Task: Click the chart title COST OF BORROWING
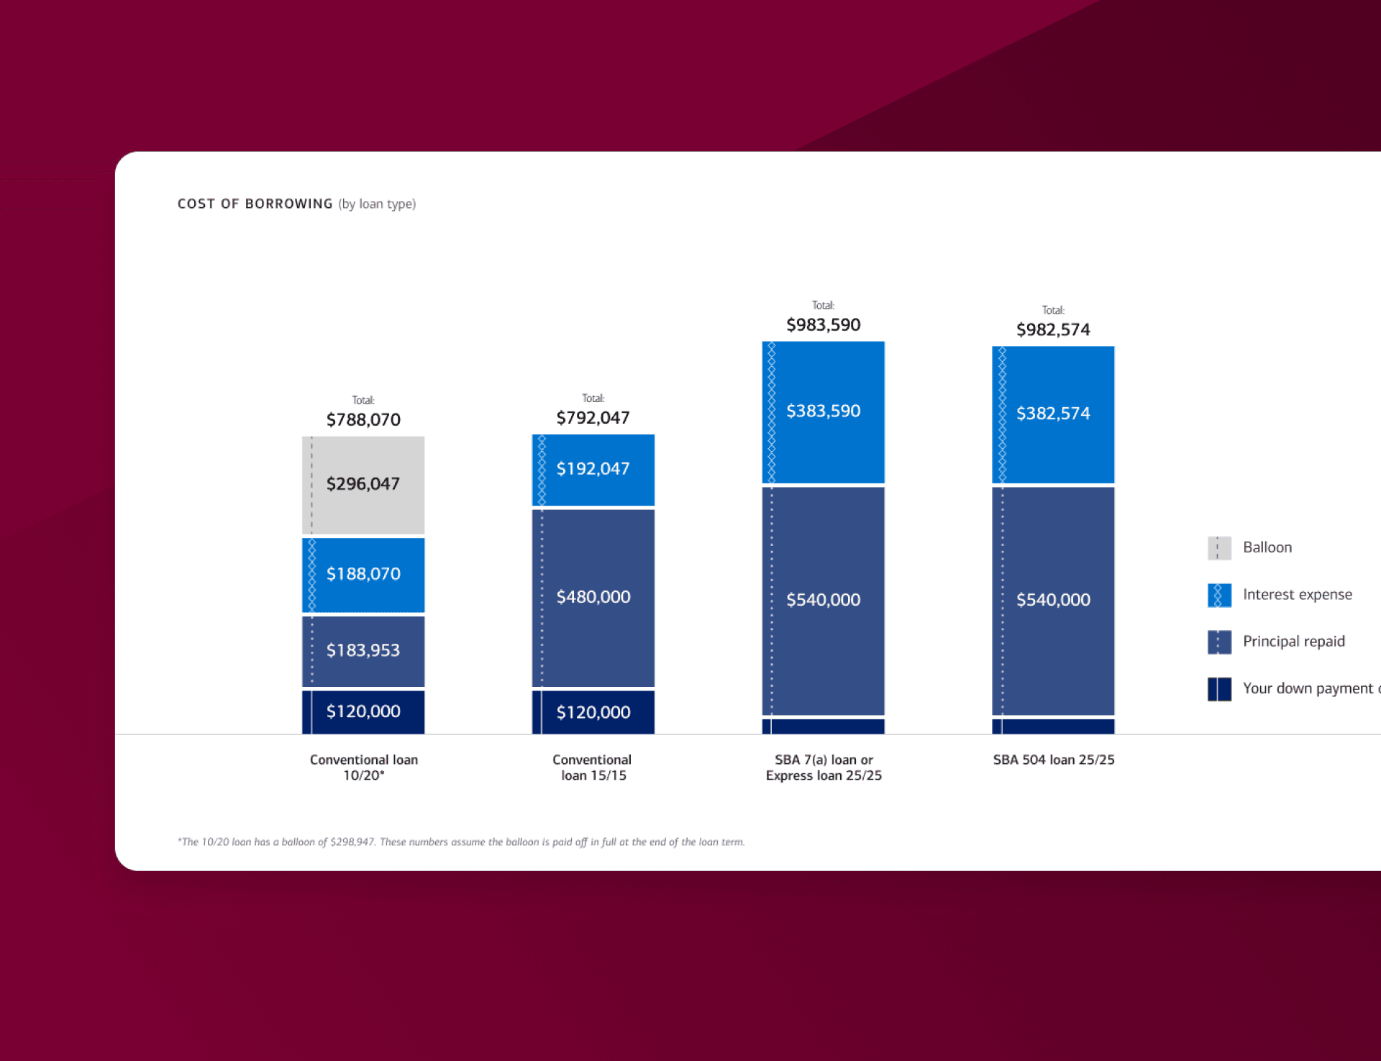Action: (255, 204)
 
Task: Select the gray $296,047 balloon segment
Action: (363, 484)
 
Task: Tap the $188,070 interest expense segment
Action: (363, 574)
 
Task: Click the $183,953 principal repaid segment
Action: (363, 650)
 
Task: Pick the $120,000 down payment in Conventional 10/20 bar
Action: (363, 711)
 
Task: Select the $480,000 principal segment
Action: (593, 597)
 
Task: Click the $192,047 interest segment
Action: (593, 469)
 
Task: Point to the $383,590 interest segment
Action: (824, 411)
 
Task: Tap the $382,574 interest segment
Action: (1053, 414)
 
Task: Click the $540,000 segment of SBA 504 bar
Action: (1053, 600)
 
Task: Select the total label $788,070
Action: (363, 419)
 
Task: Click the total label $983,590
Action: (824, 325)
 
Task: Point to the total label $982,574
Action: (1053, 330)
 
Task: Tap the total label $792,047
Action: (593, 418)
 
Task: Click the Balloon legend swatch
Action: (1219, 548)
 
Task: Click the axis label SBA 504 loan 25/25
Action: (1054, 760)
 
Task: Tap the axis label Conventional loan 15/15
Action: (593, 768)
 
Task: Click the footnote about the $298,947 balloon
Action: (461, 842)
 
